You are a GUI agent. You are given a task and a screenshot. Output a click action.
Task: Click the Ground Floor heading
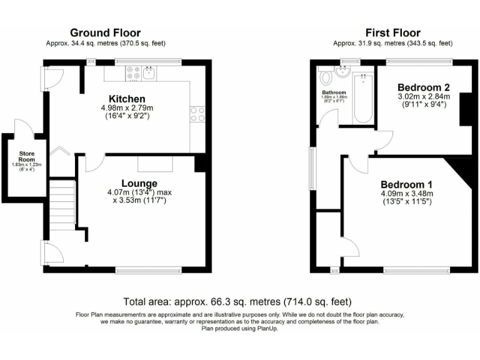(105, 32)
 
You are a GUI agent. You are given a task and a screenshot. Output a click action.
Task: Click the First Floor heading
(393, 32)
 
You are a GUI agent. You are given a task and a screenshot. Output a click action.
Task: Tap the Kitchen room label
(127, 99)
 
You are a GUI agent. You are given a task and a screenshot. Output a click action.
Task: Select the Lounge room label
(139, 182)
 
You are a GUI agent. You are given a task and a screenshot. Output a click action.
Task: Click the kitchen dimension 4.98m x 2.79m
(127, 108)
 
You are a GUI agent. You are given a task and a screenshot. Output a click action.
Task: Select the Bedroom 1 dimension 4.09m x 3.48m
(406, 194)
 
